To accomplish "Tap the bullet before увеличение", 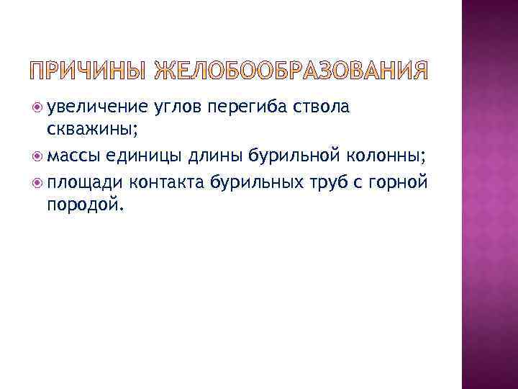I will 37,108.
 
